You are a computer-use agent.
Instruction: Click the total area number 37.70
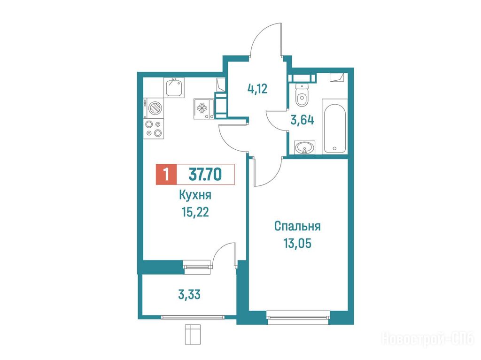pyautogui.click(x=205, y=175)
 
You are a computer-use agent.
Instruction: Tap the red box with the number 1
pyautogui.click(x=166, y=175)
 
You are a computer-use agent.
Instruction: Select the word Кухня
pyautogui.click(x=195, y=195)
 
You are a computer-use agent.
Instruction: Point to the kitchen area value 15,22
pyautogui.click(x=195, y=212)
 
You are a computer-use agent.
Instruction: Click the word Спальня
pyautogui.click(x=297, y=226)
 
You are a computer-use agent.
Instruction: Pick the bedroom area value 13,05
pyautogui.click(x=297, y=244)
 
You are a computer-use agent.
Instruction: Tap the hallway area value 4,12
pyautogui.click(x=257, y=89)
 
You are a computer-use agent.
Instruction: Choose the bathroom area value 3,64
pyautogui.click(x=302, y=120)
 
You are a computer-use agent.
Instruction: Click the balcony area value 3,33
pyautogui.click(x=189, y=295)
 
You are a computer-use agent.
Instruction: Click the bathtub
pyautogui.click(x=334, y=126)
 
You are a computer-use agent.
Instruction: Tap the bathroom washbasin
pyautogui.click(x=304, y=147)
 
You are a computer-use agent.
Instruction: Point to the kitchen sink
pyautogui.click(x=175, y=87)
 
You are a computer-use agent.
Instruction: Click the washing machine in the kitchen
pyautogui.click(x=154, y=108)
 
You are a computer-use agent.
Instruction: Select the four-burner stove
pyautogui.click(x=154, y=129)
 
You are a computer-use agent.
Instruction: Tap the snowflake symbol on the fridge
pyautogui.click(x=202, y=108)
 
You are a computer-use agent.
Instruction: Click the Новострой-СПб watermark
pyautogui.click(x=428, y=339)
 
